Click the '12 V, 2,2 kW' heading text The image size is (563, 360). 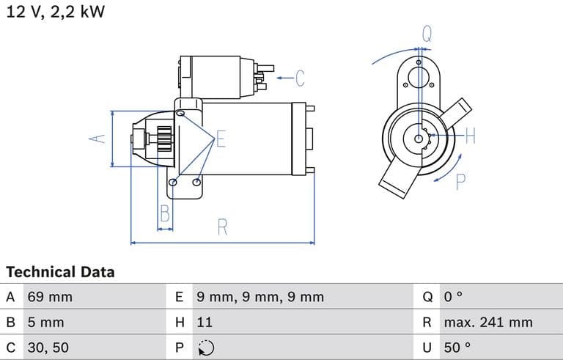[56, 12]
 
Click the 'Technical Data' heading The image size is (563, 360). [60, 272]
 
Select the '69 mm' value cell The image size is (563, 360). [50, 297]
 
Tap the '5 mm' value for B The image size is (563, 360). [45, 322]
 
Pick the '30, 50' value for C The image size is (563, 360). [49, 347]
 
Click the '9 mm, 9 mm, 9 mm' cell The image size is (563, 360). [260, 297]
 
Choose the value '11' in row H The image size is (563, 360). [205, 322]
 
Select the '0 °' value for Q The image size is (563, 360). [453, 297]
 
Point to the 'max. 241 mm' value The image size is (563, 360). [487, 322]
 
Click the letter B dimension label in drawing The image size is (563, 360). [165, 214]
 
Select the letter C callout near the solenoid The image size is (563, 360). [299, 77]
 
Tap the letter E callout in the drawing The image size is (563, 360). [221, 140]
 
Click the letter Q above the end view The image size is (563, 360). [427, 33]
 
